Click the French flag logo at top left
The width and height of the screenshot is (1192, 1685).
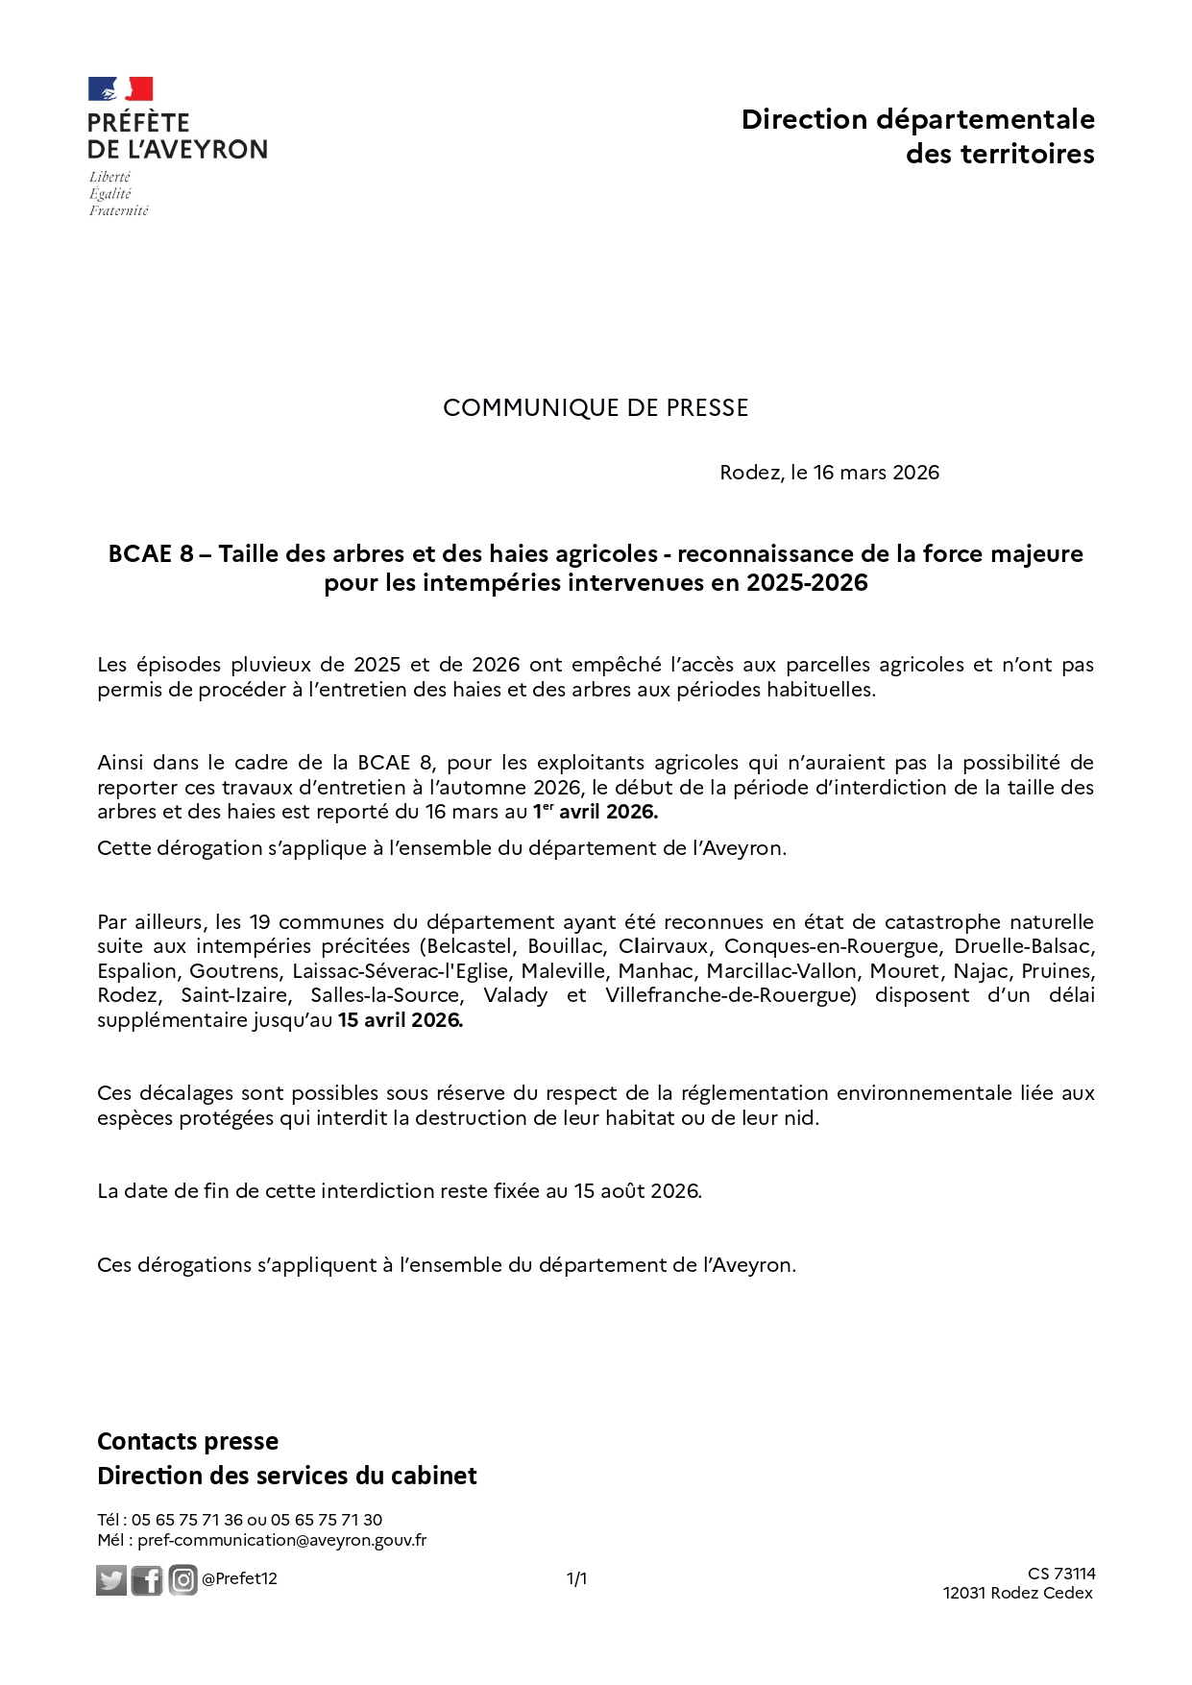click(x=121, y=89)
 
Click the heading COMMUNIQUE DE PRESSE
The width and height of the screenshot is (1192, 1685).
click(x=596, y=408)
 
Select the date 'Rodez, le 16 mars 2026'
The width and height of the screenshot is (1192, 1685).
click(x=829, y=473)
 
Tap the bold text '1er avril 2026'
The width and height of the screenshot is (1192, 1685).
click(x=596, y=812)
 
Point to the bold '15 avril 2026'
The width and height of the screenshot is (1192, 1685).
click(x=400, y=1020)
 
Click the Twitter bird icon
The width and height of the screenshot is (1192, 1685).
click(x=111, y=1579)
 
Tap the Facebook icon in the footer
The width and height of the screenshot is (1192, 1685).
click(x=147, y=1579)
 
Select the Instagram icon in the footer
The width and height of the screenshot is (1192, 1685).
click(x=182, y=1579)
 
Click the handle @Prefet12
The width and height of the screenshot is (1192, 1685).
click(x=239, y=1579)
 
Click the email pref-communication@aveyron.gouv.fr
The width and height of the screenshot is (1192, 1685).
click(x=281, y=1540)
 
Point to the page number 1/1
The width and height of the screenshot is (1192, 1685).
click(x=576, y=1579)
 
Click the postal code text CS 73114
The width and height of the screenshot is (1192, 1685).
click(x=1061, y=1574)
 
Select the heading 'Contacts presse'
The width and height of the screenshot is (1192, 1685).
click(x=188, y=1441)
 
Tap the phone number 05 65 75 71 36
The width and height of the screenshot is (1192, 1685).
click(x=187, y=1520)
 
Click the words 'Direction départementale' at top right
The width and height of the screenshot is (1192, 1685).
click(x=917, y=119)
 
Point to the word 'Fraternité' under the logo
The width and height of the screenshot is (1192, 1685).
click(x=119, y=210)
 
